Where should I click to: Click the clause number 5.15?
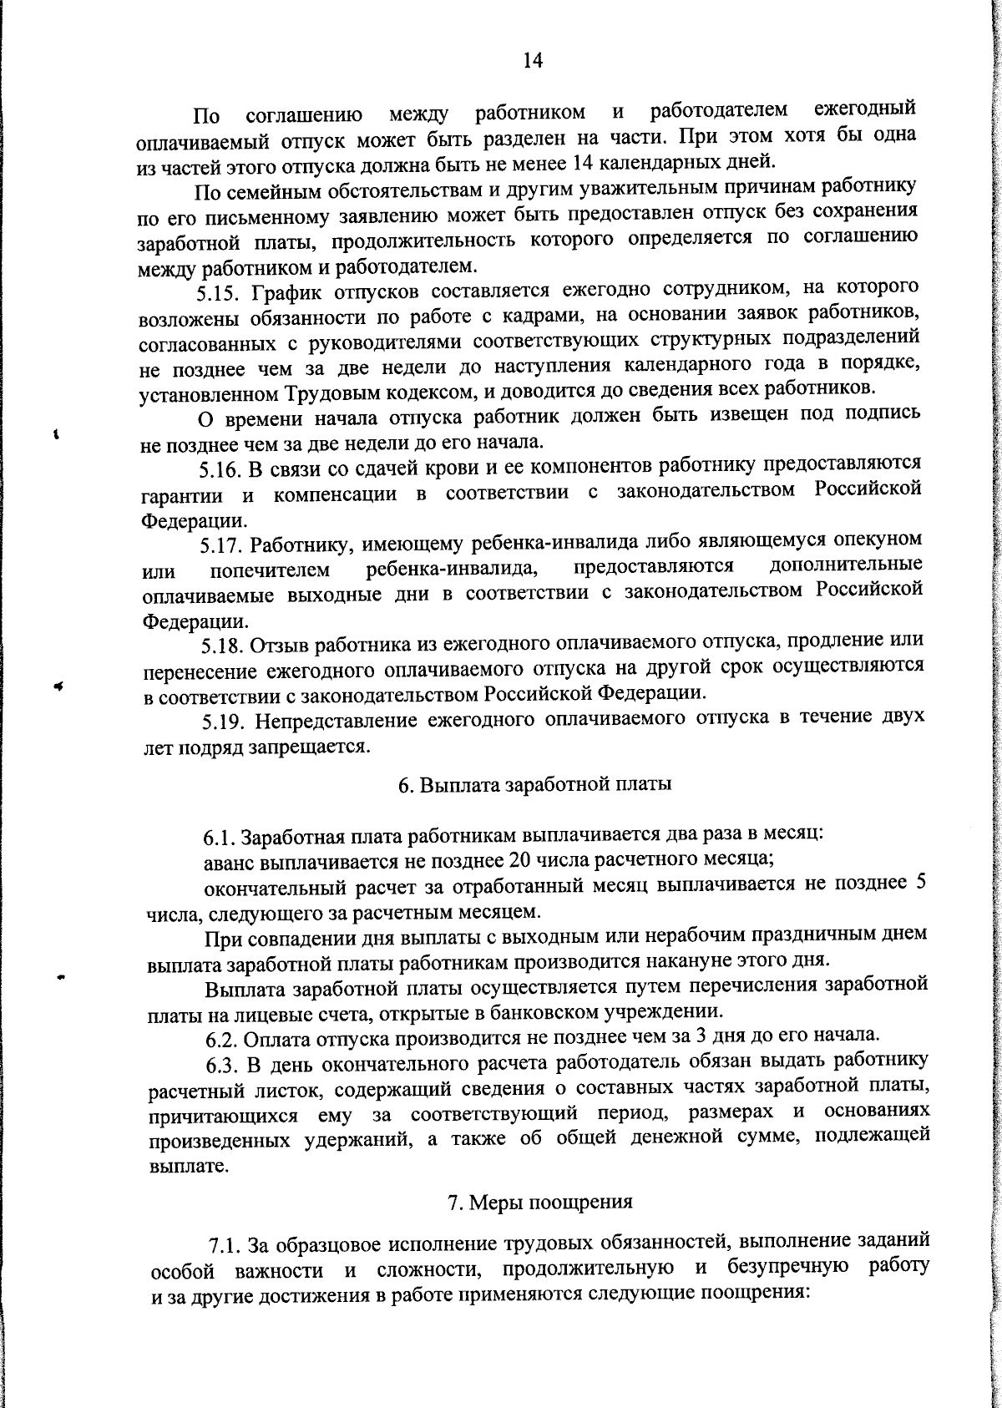[218, 293]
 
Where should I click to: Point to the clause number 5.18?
[222, 646]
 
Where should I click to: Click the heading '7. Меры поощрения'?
[540, 1203]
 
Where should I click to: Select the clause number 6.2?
[224, 1040]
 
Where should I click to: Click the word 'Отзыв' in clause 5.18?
[280, 645]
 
